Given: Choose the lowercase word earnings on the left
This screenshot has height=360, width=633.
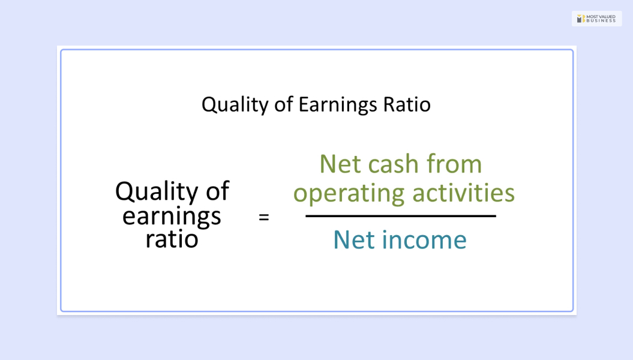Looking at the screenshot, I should click(172, 216).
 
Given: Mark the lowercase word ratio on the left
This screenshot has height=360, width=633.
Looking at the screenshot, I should click(172, 239).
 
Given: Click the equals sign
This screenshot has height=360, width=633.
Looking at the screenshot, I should click(263, 217).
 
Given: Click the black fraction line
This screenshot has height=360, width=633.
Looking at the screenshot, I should click(401, 216).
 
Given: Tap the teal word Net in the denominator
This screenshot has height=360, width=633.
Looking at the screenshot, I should click(355, 240).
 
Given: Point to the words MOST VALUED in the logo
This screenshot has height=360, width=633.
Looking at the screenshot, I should click(601, 16).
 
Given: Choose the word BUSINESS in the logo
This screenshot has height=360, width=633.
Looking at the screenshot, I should click(601, 21).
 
